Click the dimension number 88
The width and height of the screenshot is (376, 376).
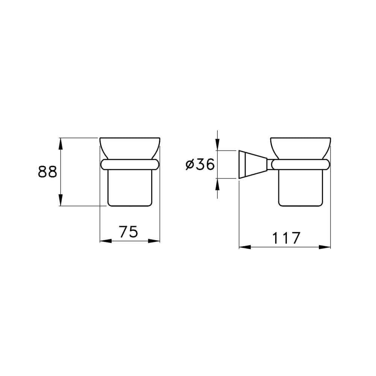(x=47, y=172)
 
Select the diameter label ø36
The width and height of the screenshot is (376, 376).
(x=200, y=164)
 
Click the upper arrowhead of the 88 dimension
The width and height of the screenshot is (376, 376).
(x=60, y=143)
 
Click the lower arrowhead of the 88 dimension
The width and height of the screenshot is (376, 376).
(x=60, y=200)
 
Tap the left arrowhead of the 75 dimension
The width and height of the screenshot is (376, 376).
(x=105, y=241)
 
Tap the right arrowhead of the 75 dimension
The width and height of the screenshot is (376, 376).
(x=155, y=241)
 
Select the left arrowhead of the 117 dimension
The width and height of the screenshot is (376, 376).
(x=245, y=247)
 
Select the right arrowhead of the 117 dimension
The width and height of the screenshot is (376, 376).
(x=325, y=247)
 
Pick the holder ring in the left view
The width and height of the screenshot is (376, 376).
(x=130, y=164)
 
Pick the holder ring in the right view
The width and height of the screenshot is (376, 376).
(x=300, y=164)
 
